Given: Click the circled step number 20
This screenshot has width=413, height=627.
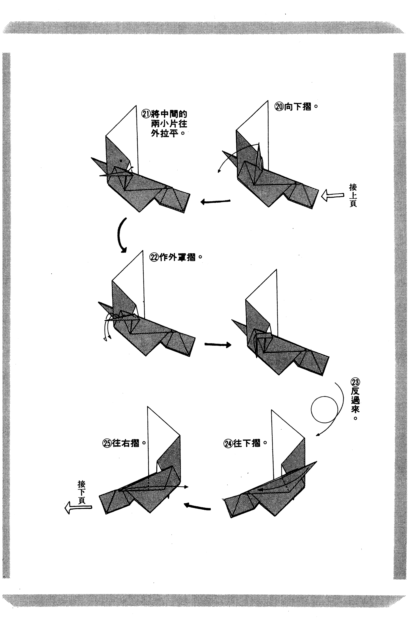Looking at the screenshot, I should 279,107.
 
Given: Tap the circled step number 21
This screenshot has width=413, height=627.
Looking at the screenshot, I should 146,114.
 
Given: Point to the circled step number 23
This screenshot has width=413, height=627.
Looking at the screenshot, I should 356,382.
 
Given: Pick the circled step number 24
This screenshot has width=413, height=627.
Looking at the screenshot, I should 228,443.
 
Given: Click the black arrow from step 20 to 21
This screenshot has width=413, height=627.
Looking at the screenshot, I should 216,202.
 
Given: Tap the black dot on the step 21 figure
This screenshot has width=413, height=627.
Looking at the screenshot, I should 121,161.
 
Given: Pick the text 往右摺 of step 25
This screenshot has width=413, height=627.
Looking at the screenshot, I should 126,443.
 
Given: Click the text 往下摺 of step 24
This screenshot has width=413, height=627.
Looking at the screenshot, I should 247,443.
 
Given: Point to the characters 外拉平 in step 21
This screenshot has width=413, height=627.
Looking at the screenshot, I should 164,133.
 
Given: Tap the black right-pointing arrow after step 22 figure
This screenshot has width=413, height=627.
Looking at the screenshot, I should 218,345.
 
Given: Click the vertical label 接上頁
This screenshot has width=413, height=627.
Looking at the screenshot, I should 353,195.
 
